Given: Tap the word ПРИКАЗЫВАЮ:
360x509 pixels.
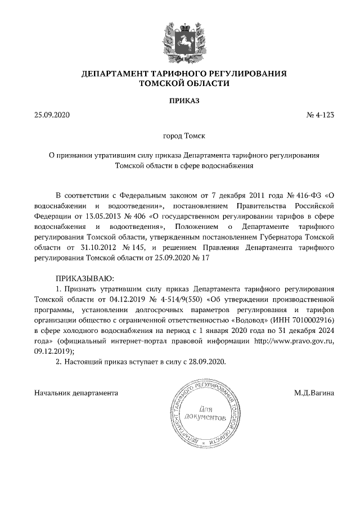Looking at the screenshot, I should click(x=84, y=277).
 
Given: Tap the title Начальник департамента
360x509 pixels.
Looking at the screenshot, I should click(x=76, y=391).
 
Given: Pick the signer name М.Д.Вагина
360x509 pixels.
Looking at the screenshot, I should click(x=314, y=391).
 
